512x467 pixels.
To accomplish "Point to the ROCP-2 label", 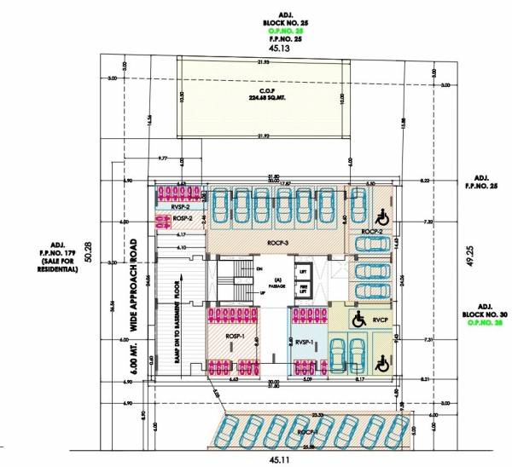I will pos(369,232).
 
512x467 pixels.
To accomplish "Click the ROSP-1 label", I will pos(236,337).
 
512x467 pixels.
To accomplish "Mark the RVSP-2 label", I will pos(179,207).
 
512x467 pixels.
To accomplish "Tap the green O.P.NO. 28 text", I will pos(486,325).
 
